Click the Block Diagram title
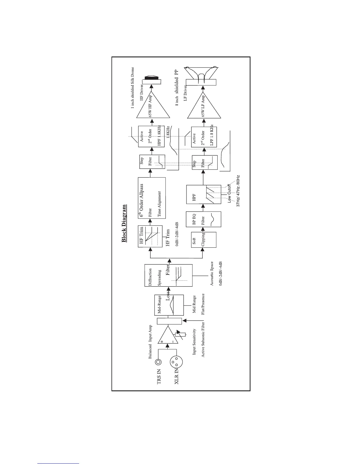(x=124, y=223)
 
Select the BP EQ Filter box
(x=204, y=219)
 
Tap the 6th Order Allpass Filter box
(x=151, y=202)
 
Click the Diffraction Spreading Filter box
(x=168, y=275)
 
